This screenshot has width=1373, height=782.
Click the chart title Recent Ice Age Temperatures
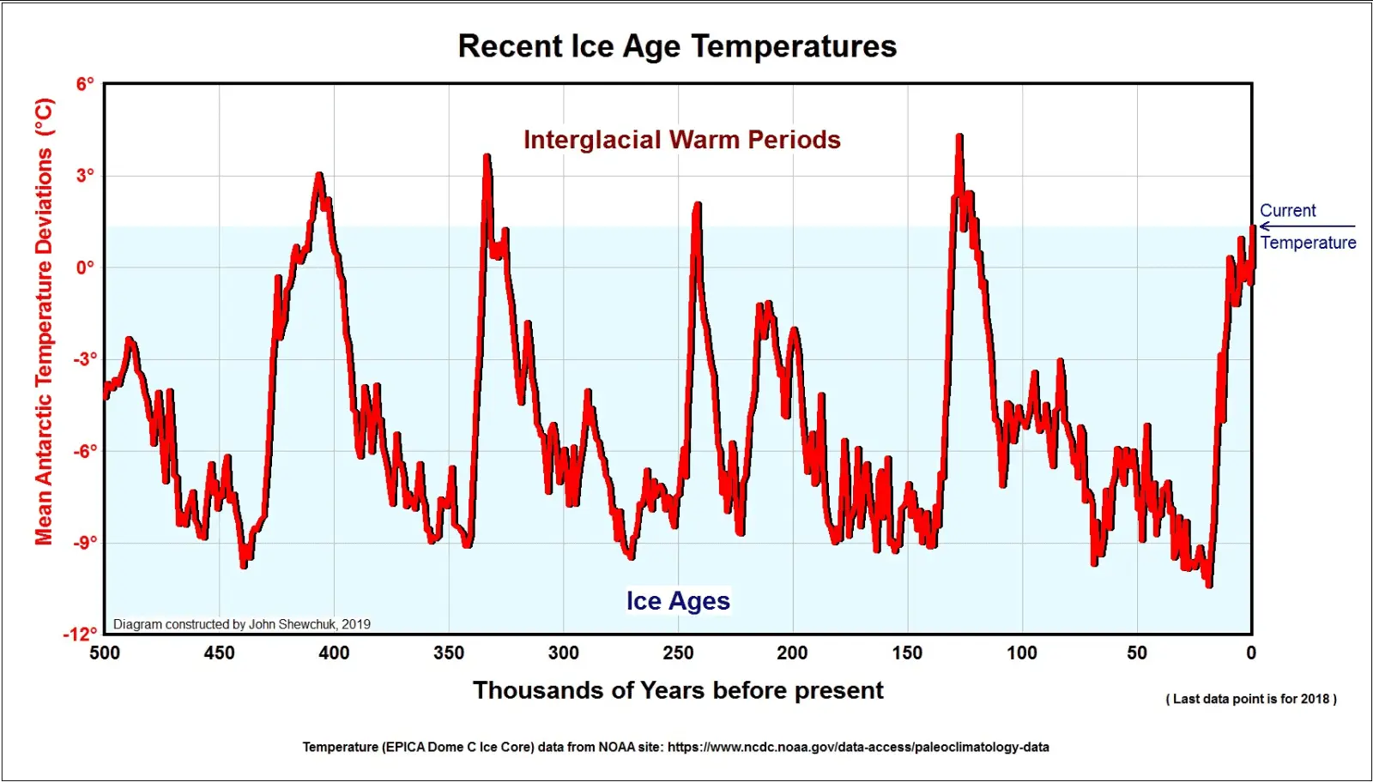(677, 46)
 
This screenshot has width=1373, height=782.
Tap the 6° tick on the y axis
(84, 84)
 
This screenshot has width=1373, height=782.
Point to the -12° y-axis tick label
(80, 635)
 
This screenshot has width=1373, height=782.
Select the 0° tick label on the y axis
(84, 268)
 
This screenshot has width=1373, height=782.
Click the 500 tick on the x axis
(105, 653)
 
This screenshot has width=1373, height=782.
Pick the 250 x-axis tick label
(678, 653)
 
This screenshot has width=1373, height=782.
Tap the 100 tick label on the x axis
(1021, 653)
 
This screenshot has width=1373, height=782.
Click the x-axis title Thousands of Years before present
(678, 691)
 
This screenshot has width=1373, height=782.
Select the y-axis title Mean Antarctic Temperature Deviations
(44, 322)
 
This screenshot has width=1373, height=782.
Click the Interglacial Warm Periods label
(682, 140)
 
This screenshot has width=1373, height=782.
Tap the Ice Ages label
(678, 601)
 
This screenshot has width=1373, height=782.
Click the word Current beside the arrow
(1287, 211)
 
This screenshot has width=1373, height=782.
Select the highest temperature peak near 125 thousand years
(959, 137)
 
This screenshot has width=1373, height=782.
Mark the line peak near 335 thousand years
(487, 158)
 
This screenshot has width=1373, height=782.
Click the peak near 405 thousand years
(319, 176)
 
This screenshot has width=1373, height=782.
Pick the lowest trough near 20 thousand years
(1209, 584)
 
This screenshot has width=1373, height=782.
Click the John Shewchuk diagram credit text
(242, 624)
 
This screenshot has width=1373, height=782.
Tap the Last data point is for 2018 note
(1251, 699)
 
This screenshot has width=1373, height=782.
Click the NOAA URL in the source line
(858, 747)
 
